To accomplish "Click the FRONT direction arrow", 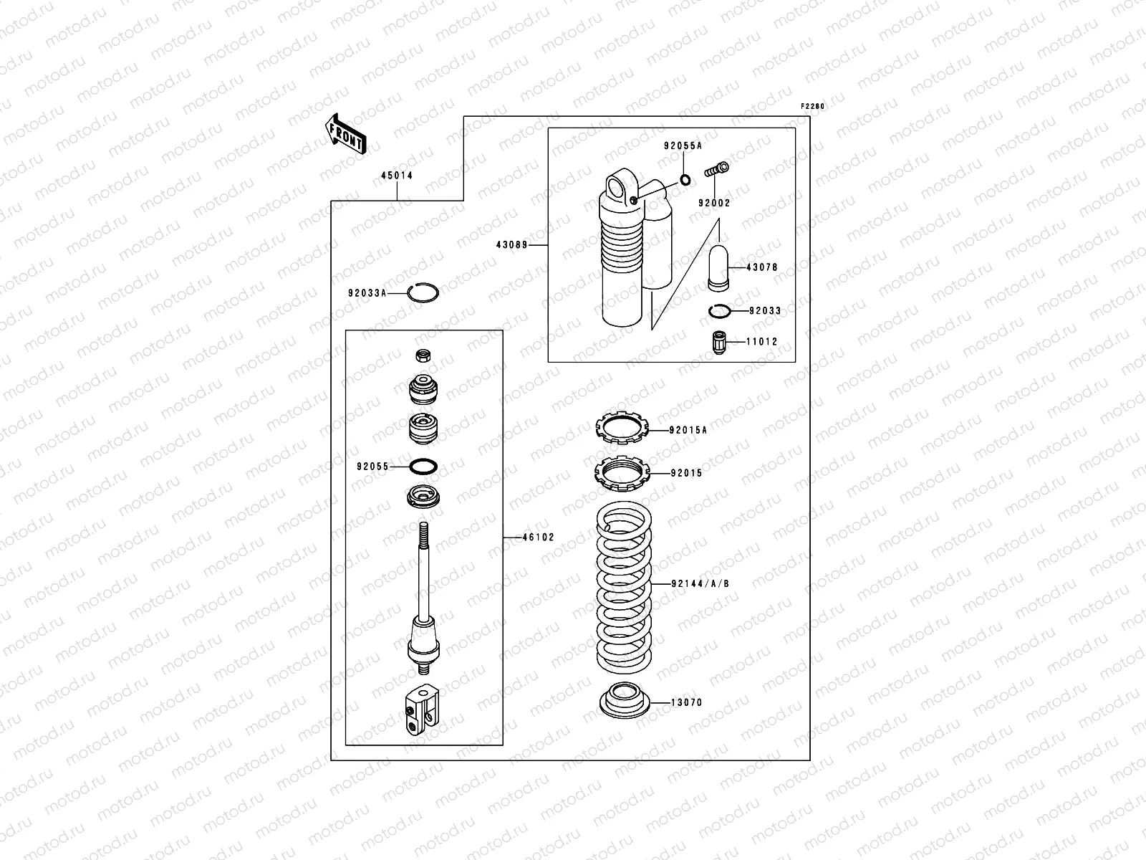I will [346, 133].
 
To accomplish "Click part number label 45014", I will [396, 176].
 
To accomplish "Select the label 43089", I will [511, 245].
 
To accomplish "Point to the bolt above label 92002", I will [717, 170].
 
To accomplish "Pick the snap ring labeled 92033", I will [719, 311].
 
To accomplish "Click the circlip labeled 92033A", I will [423, 292].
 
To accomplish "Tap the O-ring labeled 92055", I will [423, 467].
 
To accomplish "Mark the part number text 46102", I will [538, 537].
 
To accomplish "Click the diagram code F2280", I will [812, 107].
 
